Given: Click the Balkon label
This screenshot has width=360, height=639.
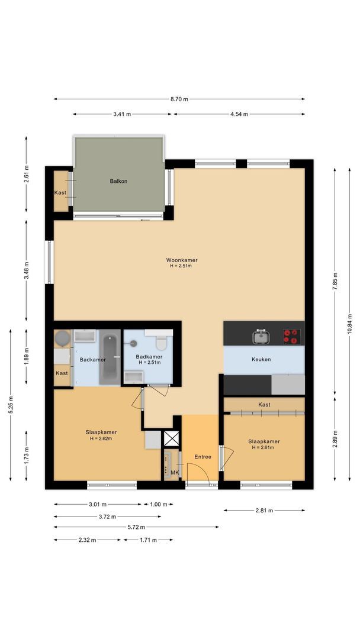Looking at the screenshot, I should click(x=118, y=181).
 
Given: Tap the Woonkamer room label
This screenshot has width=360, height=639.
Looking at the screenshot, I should click(x=181, y=260).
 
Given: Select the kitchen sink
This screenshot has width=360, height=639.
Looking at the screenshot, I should click(x=261, y=337).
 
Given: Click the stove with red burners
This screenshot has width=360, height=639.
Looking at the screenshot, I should click(x=291, y=336).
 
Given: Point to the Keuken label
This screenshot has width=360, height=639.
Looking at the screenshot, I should click(x=261, y=359).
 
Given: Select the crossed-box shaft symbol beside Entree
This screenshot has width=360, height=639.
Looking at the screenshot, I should click(x=172, y=439).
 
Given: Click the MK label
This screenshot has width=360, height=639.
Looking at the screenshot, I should click(x=175, y=472).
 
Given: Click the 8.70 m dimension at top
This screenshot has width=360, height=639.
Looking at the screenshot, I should click(x=179, y=99).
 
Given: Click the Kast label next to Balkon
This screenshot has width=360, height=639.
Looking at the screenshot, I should click(x=60, y=193).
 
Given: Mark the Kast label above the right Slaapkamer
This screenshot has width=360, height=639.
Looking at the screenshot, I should click(x=264, y=405).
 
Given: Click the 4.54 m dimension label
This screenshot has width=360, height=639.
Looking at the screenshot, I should click(x=239, y=114).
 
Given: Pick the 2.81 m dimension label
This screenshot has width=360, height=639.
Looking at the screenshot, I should click(x=265, y=510).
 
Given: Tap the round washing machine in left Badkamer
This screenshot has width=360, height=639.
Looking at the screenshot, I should click(x=62, y=338).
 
